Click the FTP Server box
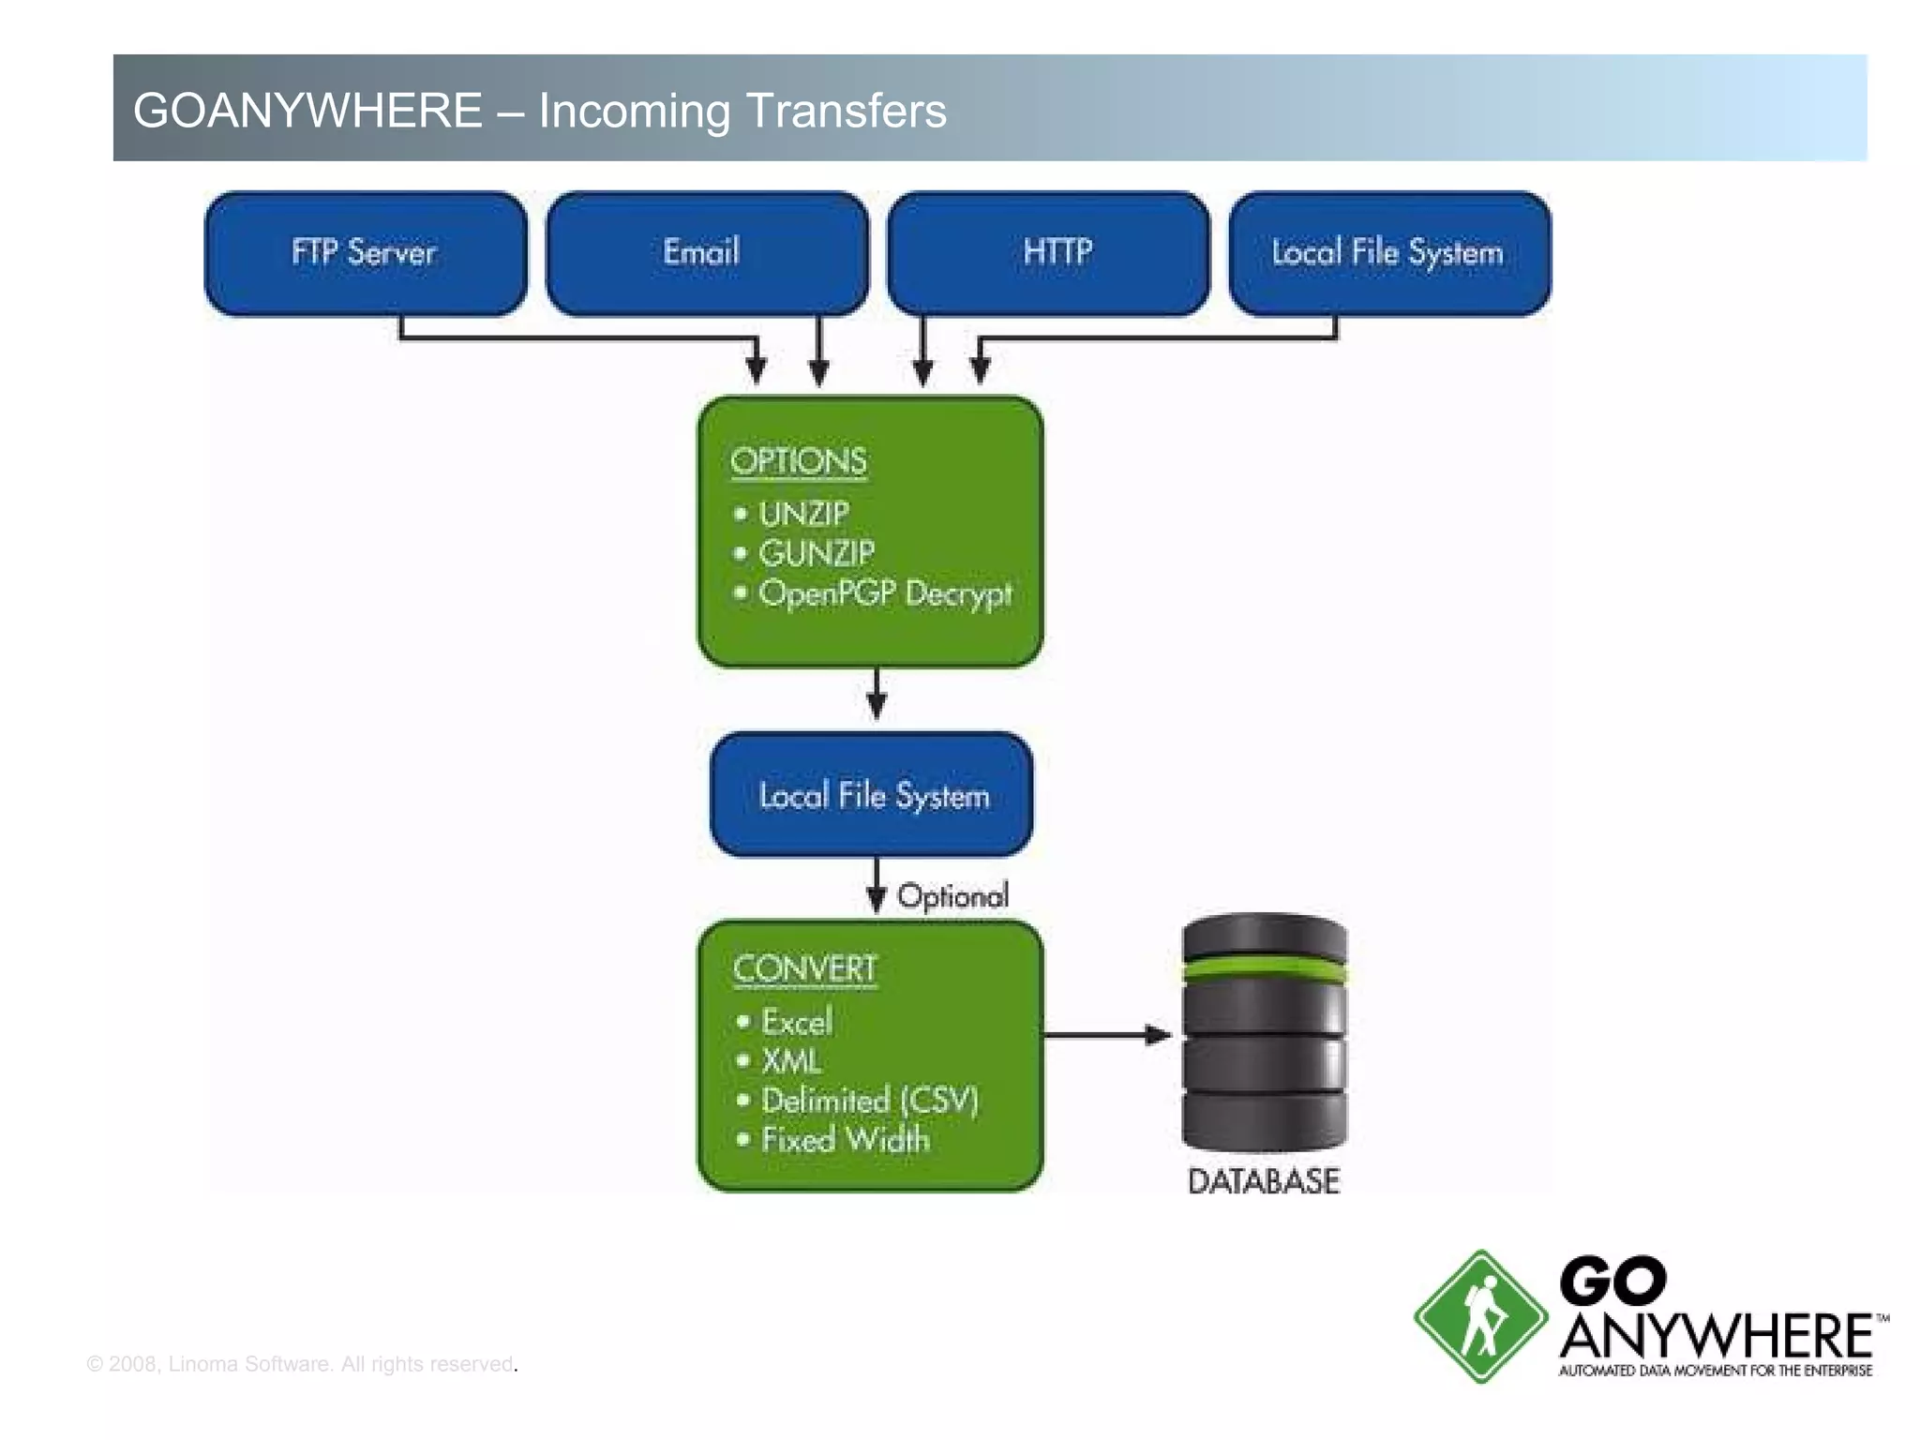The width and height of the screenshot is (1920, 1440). point(365,253)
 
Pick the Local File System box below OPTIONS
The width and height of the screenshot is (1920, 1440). point(873,796)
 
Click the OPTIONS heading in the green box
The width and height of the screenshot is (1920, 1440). point(799,461)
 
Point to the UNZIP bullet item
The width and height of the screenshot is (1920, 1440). point(803,514)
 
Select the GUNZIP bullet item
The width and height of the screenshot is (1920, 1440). point(817,553)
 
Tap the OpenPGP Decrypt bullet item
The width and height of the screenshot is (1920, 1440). point(884,593)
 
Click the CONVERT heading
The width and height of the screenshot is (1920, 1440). point(805,968)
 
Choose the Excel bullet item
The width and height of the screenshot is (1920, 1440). point(796,1022)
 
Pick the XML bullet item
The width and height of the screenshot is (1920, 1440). point(791,1061)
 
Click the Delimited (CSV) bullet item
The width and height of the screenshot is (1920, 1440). point(869,1101)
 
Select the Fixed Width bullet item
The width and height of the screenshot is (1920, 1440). point(845,1140)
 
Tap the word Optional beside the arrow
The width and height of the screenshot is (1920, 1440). point(952,896)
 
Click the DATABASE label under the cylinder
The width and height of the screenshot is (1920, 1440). point(1264,1181)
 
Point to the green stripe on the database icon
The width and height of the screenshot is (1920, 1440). point(1265,968)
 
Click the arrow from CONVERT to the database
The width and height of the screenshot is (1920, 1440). point(1106,1035)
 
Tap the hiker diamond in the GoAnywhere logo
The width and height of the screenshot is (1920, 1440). point(1480,1316)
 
